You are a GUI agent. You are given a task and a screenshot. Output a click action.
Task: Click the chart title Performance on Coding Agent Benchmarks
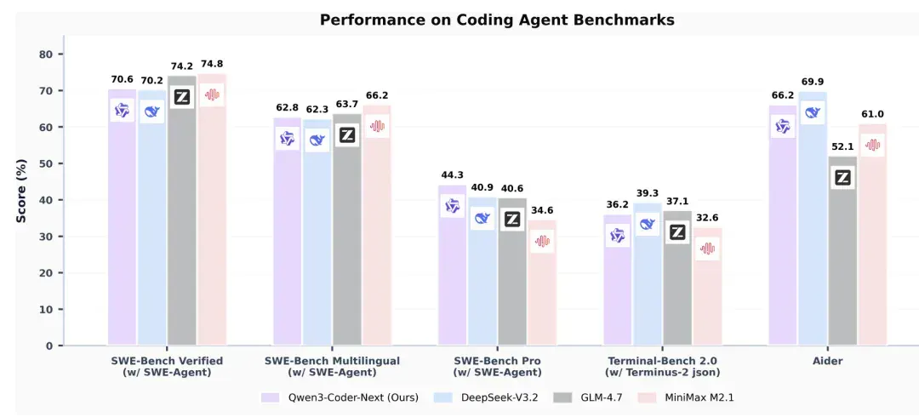(497, 20)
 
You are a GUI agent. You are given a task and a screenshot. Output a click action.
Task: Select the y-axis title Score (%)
(21, 191)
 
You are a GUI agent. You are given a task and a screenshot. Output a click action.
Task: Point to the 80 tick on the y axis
(46, 54)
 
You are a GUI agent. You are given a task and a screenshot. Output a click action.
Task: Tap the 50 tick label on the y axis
(46, 163)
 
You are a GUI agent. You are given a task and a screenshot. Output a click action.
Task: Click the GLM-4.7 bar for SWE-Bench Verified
(182, 210)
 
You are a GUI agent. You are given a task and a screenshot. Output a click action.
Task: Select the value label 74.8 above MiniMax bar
(212, 64)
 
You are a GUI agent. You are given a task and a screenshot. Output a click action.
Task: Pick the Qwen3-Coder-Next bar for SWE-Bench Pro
(452, 266)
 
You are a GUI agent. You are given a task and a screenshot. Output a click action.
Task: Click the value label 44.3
(452, 174)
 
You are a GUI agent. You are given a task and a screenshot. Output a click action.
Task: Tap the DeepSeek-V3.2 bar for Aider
(813, 218)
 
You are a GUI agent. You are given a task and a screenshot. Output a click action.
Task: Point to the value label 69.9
(813, 82)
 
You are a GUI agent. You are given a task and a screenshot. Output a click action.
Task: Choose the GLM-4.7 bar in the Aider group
(842, 251)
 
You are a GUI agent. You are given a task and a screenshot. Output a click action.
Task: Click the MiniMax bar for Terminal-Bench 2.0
(707, 286)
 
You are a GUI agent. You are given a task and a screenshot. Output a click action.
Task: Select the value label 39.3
(648, 193)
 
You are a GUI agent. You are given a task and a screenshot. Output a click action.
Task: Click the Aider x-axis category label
(828, 361)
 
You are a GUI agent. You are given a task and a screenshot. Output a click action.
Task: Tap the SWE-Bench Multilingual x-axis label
(333, 366)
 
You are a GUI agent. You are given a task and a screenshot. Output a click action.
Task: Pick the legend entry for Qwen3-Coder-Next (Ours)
(340, 397)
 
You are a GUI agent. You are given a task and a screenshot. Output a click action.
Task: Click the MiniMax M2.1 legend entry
(688, 397)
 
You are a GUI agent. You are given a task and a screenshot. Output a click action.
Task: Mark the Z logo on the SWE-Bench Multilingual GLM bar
(347, 135)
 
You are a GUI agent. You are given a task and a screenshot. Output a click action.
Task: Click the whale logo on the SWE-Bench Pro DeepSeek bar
(482, 218)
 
